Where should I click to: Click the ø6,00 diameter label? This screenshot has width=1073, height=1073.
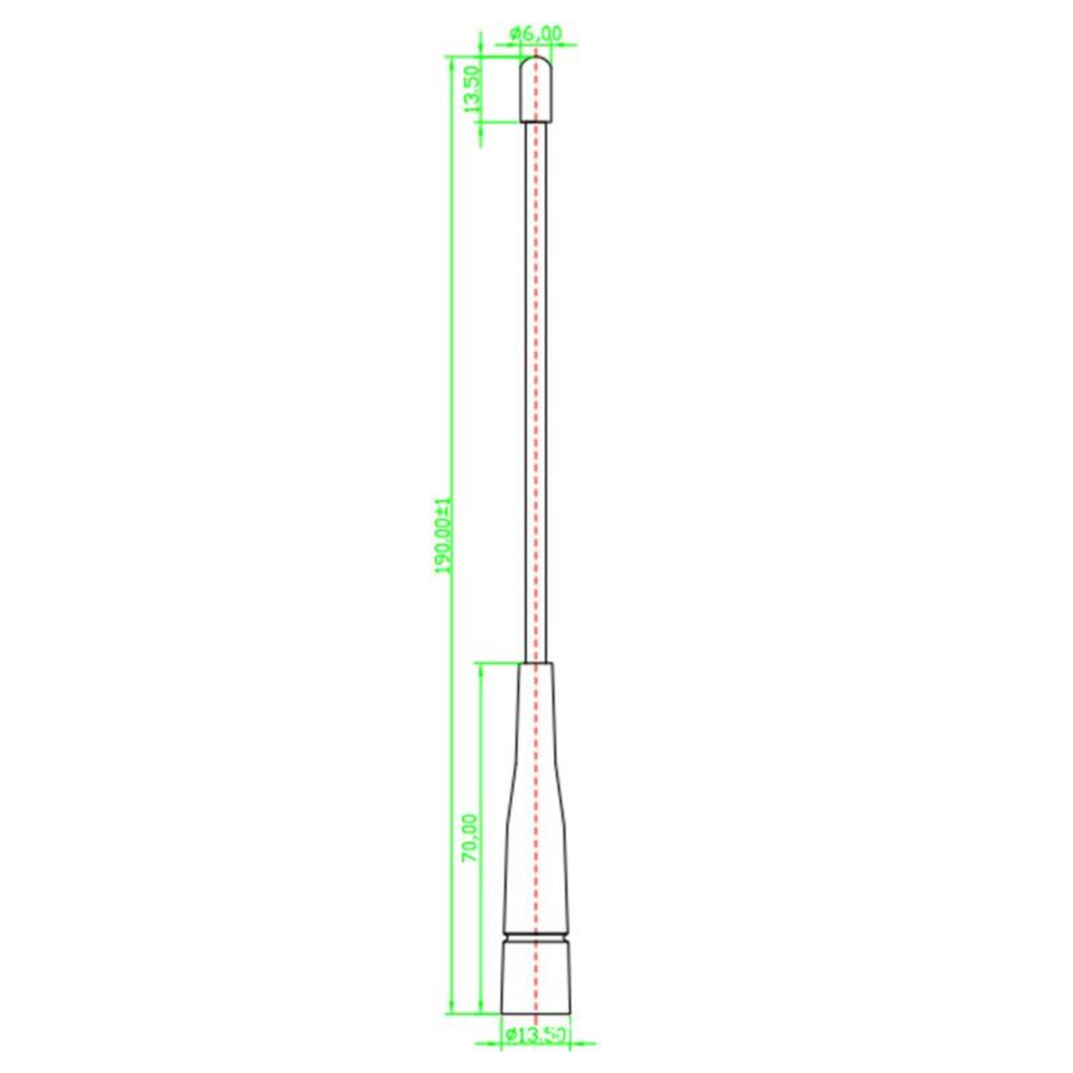(x=536, y=33)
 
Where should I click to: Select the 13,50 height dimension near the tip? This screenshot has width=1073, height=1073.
(x=472, y=89)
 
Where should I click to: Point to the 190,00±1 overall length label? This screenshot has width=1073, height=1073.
(x=445, y=535)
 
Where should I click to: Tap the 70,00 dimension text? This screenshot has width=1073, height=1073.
(x=471, y=838)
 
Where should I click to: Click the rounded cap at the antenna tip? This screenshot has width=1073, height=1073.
(x=536, y=89)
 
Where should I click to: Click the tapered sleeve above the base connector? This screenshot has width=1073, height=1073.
(x=536, y=798)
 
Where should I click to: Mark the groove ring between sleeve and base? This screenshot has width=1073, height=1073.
(x=536, y=936)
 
